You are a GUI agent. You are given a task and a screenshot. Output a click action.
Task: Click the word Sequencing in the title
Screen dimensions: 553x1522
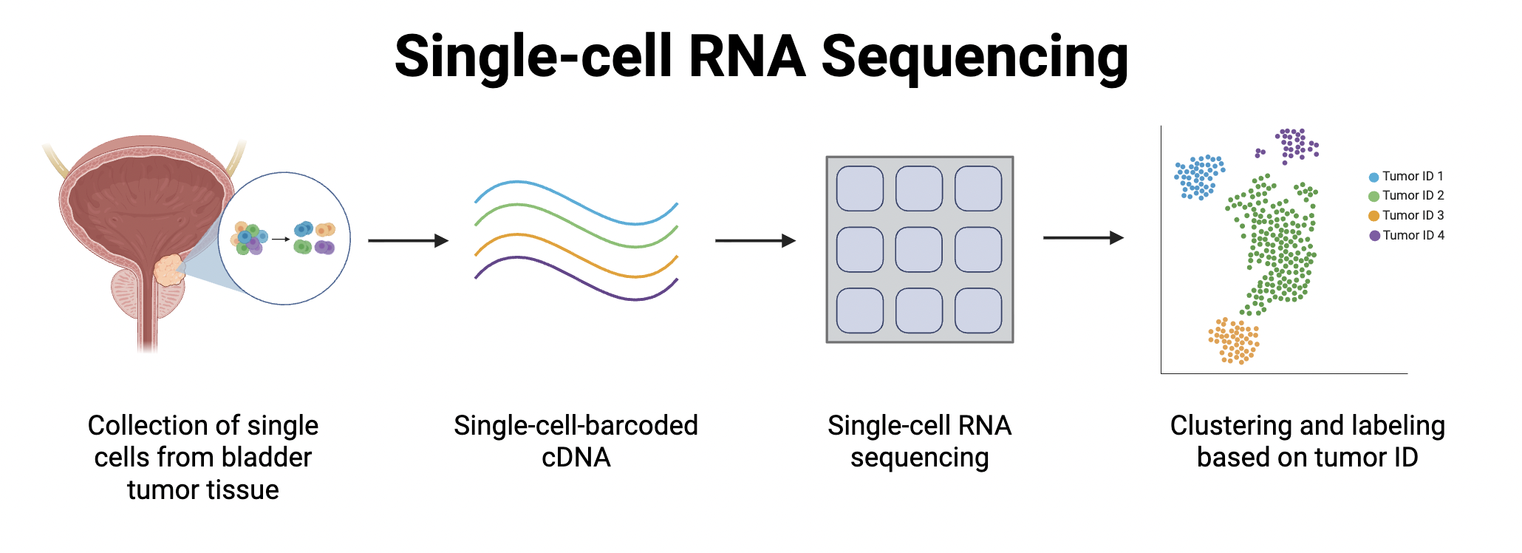click(x=975, y=58)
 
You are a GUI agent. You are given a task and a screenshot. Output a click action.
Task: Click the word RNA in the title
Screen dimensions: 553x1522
click(x=746, y=58)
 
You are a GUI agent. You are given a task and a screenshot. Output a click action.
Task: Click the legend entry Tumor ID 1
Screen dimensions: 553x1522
click(x=1406, y=177)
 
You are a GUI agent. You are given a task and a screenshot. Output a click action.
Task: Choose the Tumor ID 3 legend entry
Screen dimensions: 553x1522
click(x=1406, y=216)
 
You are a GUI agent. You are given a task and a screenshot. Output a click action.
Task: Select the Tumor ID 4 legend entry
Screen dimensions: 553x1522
click(x=1406, y=236)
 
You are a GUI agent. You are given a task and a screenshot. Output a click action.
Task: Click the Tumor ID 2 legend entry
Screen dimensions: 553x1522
click(x=1406, y=196)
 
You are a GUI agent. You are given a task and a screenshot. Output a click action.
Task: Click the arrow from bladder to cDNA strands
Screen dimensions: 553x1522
click(x=408, y=240)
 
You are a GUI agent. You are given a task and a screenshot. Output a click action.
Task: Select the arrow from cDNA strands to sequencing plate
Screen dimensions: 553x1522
click(x=754, y=240)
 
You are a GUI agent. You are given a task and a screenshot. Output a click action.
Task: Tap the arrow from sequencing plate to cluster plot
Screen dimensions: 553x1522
click(x=1082, y=238)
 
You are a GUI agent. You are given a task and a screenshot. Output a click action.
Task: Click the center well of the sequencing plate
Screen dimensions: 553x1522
click(x=918, y=250)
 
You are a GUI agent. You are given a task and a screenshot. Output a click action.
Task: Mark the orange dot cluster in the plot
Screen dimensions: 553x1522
click(x=1234, y=341)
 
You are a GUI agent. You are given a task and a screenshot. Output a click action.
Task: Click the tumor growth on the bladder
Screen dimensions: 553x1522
click(x=169, y=270)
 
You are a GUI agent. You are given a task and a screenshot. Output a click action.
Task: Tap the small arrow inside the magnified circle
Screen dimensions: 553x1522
click(x=280, y=239)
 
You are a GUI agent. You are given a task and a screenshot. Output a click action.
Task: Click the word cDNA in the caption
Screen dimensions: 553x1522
click(x=576, y=458)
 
